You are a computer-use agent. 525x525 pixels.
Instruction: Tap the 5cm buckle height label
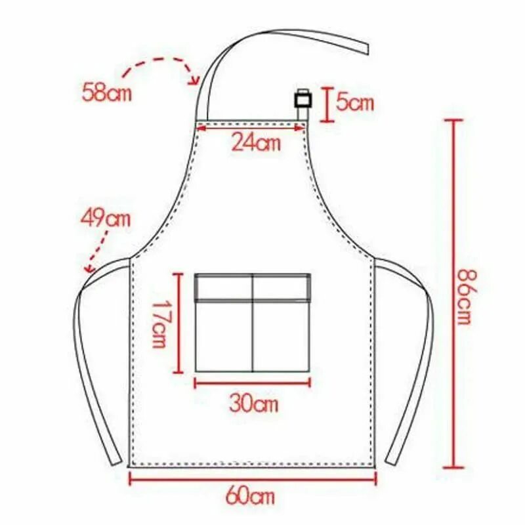354,102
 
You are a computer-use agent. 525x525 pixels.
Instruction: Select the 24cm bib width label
256,143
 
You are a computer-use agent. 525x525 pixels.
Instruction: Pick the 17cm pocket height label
159,324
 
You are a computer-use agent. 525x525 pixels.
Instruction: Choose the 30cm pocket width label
253,404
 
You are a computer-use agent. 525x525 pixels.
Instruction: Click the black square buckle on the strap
303,100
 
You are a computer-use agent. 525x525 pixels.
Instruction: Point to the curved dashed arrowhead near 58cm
195,80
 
